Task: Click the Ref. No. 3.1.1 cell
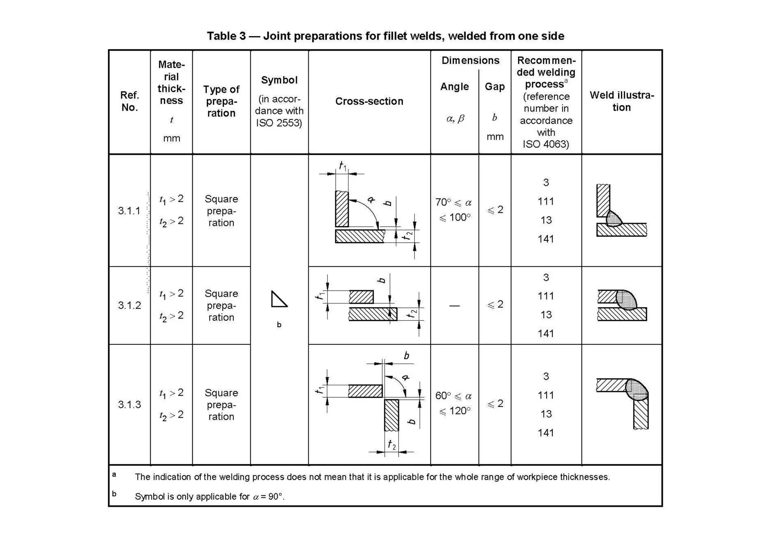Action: click(x=129, y=211)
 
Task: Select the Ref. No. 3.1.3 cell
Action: click(x=129, y=405)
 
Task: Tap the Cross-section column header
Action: click(x=369, y=101)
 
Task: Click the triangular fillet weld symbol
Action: click(x=279, y=299)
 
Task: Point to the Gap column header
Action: click(x=494, y=87)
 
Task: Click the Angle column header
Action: click(x=454, y=87)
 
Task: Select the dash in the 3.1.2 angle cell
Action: click(x=454, y=306)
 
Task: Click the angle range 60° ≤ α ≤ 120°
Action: click(x=454, y=403)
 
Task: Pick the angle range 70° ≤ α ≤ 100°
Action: click(x=454, y=210)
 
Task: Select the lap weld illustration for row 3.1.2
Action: click(x=622, y=305)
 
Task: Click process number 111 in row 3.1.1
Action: click(x=546, y=201)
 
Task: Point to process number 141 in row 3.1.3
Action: click(x=546, y=433)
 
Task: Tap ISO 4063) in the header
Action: click(x=546, y=144)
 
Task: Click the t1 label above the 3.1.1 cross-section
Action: click(x=343, y=166)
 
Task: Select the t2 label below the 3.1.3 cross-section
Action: click(x=391, y=445)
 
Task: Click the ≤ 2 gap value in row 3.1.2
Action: click(x=495, y=304)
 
